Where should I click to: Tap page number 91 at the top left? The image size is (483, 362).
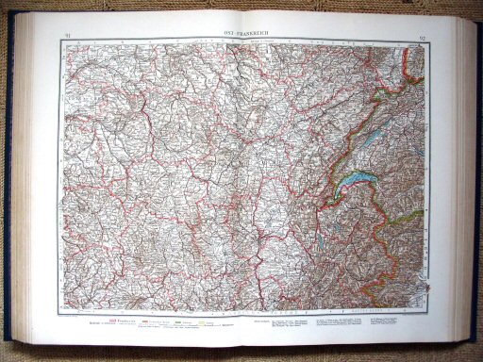63,36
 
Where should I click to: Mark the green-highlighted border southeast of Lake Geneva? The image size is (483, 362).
403,219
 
